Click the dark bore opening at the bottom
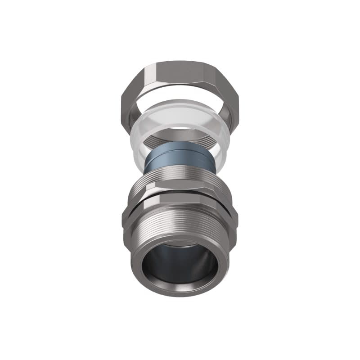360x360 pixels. [x=180, y=265]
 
